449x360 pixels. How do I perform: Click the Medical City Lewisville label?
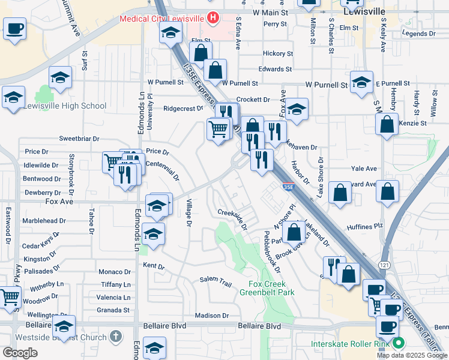click(161, 18)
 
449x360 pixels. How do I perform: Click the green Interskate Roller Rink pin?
click(399, 344)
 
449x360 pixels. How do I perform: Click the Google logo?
click(20, 353)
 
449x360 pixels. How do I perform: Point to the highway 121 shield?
click(382, 265)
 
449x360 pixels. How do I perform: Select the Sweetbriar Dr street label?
click(79, 139)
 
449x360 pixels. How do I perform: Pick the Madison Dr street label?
click(212, 316)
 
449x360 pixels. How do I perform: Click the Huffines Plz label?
click(364, 227)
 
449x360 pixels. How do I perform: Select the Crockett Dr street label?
click(253, 100)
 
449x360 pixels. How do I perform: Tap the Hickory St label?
click(277, 53)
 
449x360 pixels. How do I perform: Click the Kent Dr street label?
click(154, 266)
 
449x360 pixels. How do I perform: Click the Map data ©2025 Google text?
click(412, 355)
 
